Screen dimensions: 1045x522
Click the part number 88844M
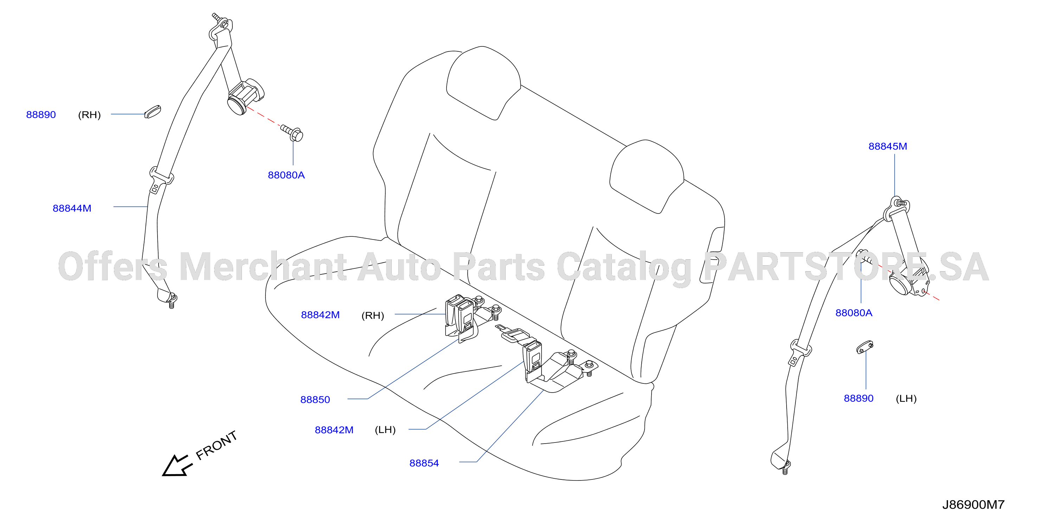click(x=72, y=208)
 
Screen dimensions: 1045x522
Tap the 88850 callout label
click(x=315, y=400)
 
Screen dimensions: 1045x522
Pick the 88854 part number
click(x=424, y=463)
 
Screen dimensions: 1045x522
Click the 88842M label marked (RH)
click(x=320, y=315)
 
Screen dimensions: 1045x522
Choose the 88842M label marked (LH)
click(x=334, y=430)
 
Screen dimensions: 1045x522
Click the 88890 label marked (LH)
click(x=858, y=398)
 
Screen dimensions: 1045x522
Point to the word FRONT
click(x=216, y=445)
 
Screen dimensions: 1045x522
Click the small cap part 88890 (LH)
click(x=865, y=347)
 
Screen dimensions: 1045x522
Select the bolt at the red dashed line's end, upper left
click(x=293, y=132)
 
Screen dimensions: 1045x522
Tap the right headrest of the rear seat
click(x=646, y=176)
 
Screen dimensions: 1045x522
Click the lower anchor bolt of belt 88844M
click(x=172, y=301)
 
